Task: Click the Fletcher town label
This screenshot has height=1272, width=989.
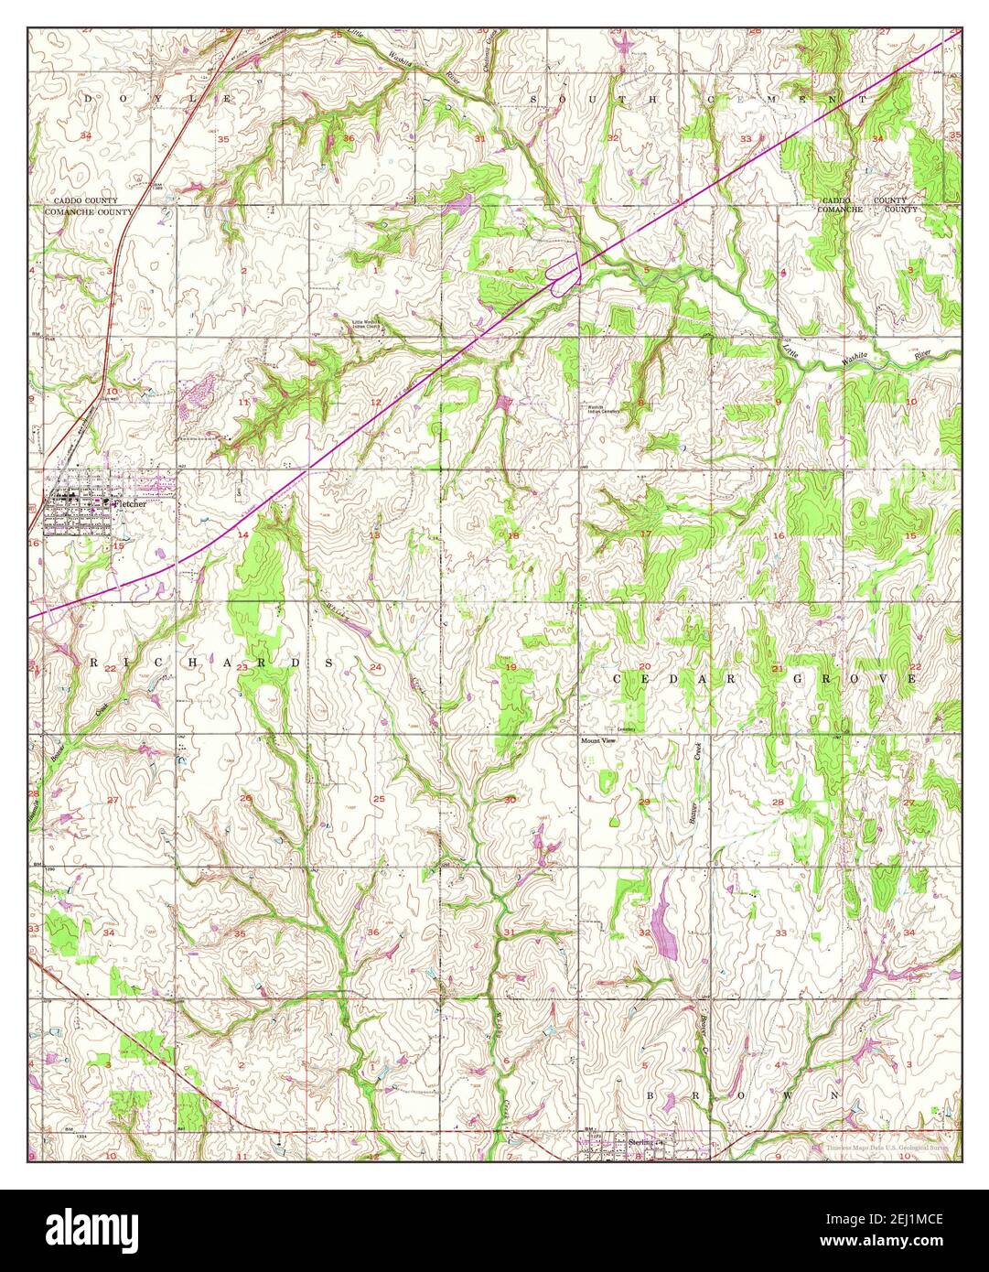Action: (x=130, y=503)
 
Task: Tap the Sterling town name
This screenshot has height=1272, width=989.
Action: (x=642, y=1143)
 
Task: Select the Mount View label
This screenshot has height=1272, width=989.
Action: (x=599, y=742)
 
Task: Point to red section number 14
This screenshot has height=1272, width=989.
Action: (x=242, y=534)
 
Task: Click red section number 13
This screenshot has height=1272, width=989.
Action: (x=373, y=534)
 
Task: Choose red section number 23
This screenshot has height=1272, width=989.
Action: (x=242, y=667)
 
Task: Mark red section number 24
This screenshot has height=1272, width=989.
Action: (x=375, y=667)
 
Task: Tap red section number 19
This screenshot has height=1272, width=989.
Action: (x=511, y=667)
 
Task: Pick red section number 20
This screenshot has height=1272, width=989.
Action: (x=644, y=667)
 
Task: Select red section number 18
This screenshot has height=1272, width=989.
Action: (x=513, y=535)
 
